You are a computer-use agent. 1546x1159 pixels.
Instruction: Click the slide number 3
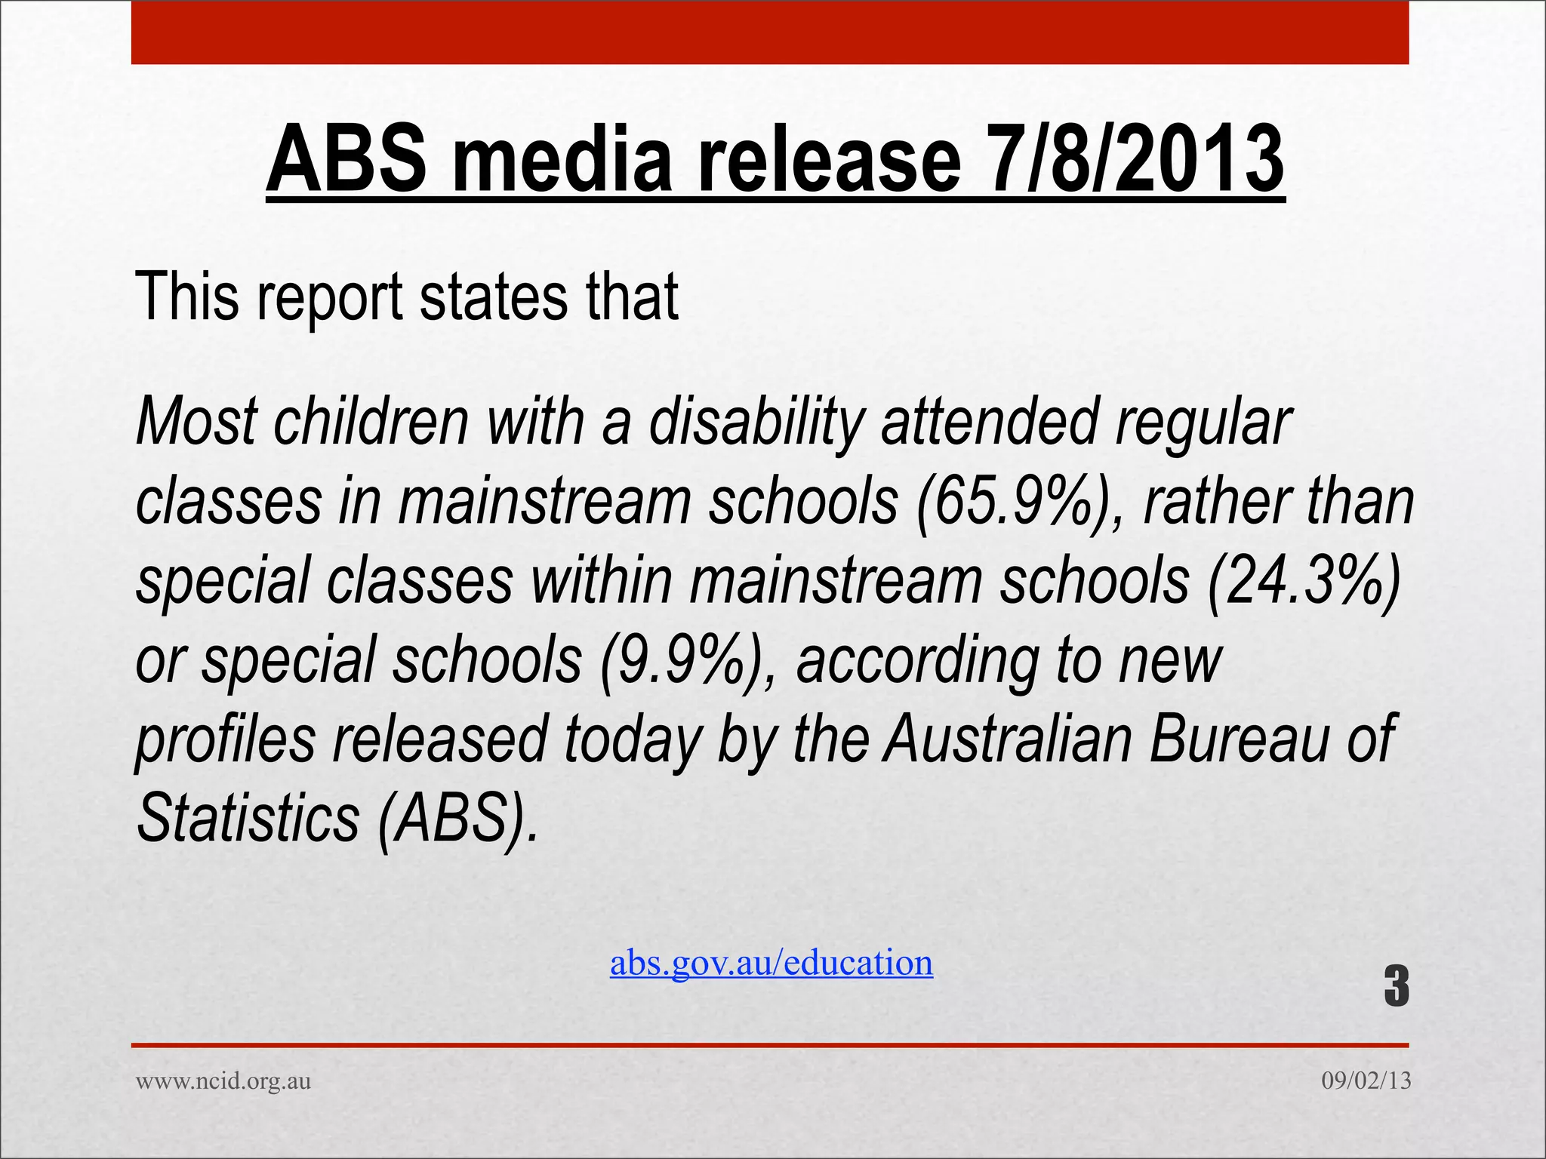tap(1396, 986)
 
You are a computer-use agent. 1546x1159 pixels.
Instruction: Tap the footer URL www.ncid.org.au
tap(223, 1081)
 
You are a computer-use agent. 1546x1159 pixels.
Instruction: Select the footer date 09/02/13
tap(1366, 1081)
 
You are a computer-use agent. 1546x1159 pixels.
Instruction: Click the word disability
tap(756, 423)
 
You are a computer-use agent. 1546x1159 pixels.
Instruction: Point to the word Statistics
tap(248, 819)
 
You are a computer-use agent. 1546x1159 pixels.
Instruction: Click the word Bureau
tap(1238, 739)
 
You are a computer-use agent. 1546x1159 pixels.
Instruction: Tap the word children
tap(371, 423)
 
